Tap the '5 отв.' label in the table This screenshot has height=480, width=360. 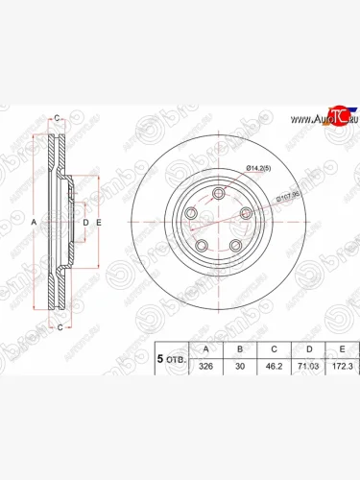(172, 357)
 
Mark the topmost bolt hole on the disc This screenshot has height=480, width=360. (221, 195)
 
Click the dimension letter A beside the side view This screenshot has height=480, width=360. (34, 222)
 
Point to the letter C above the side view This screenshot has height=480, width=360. (58, 118)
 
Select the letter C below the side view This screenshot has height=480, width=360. (60, 327)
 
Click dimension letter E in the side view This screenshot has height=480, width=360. (98, 223)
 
